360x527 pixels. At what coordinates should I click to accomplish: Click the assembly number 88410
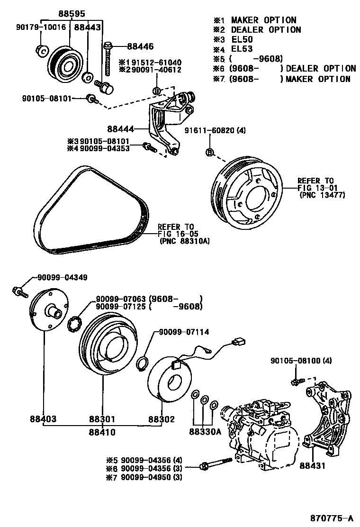[x=102, y=432]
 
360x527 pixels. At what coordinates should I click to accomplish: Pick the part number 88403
[x=43, y=419]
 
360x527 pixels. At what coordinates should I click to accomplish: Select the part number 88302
[x=162, y=419]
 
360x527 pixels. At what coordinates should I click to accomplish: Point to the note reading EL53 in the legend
[x=242, y=49]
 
